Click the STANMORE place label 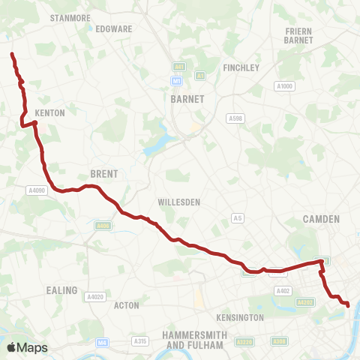(x=70, y=16)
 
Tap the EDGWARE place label (x=114, y=28)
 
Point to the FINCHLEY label (x=241, y=67)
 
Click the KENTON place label (x=50, y=112)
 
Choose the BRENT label (x=104, y=173)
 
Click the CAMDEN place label (x=321, y=219)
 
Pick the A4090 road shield (x=37, y=190)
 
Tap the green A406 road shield (x=103, y=225)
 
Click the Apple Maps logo (x=27, y=347)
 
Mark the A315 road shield (x=140, y=341)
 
